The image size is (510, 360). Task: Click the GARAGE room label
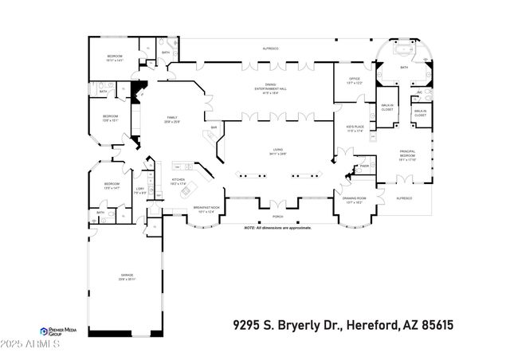(x=122, y=278)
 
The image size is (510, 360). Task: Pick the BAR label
(x=214, y=127)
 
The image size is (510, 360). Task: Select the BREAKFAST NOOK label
(x=206, y=209)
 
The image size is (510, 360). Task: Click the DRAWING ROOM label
(x=354, y=199)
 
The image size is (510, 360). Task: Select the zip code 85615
(x=460, y=325)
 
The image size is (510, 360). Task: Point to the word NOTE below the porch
(x=250, y=229)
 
